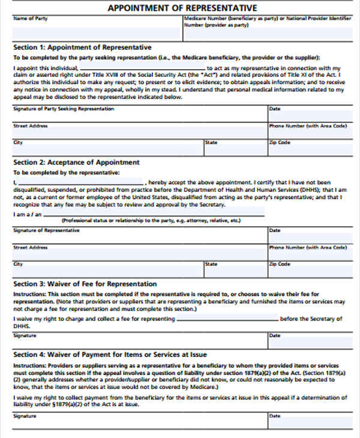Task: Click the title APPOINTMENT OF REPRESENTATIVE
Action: (x=182, y=8)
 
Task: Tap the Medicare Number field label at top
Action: (x=267, y=22)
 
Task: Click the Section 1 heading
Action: (x=82, y=47)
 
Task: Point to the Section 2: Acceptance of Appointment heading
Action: (x=76, y=162)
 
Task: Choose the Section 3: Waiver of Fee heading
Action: (x=85, y=284)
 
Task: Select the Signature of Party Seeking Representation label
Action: (x=64, y=109)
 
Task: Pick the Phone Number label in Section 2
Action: (x=308, y=247)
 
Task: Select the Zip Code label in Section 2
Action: (x=280, y=264)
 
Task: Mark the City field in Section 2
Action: (x=108, y=268)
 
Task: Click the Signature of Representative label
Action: (x=46, y=230)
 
